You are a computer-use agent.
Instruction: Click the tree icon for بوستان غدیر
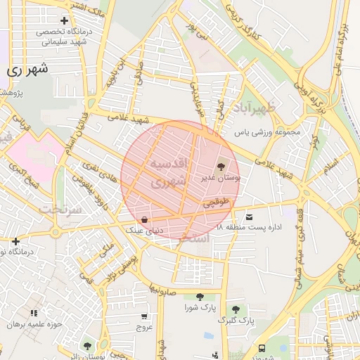pyautogui.click(x=222, y=167)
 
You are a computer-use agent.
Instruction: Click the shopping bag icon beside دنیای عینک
pyautogui.click(x=144, y=219)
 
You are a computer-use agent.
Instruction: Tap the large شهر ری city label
pyautogui.click(x=28, y=70)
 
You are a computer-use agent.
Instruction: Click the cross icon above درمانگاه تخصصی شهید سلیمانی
pyautogui.click(x=65, y=21)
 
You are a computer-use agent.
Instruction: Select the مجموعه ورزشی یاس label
pyautogui.click(x=267, y=131)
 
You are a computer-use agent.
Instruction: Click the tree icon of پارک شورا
pyautogui.click(x=200, y=297)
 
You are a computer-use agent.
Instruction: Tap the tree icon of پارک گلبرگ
pyautogui.click(x=236, y=309)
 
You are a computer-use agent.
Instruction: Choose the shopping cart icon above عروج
pyautogui.click(x=144, y=316)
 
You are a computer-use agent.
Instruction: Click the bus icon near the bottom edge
pyautogui.click(x=262, y=347)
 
